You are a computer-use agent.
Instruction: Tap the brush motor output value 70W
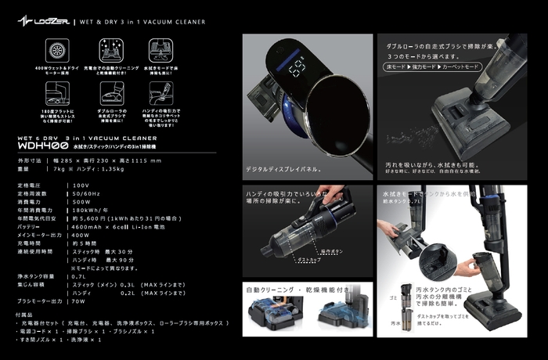point(80,301)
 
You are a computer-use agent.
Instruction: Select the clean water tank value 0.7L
point(80,276)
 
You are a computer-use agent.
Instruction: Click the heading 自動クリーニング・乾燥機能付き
point(301,289)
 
